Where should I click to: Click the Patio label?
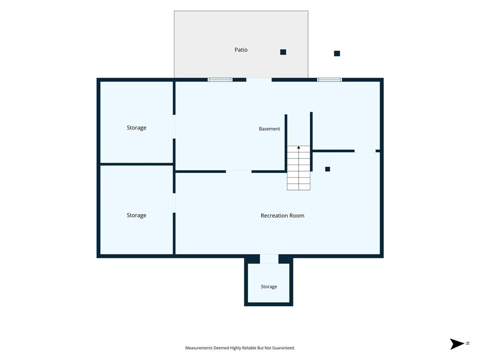click(x=241, y=50)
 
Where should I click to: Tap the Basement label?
click(x=270, y=129)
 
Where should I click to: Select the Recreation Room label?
click(x=282, y=216)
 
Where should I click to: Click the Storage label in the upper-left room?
click(x=136, y=127)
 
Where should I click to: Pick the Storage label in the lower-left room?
click(x=136, y=215)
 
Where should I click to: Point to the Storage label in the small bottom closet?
click(x=269, y=286)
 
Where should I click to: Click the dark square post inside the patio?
click(x=283, y=52)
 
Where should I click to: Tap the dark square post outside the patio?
click(x=337, y=53)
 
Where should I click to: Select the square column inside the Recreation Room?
click(x=328, y=169)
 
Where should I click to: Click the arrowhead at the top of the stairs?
click(x=299, y=148)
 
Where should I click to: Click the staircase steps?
click(x=299, y=168)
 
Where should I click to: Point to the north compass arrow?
click(x=457, y=344)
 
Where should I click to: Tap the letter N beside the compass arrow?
click(x=468, y=343)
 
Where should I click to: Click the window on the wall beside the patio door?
click(x=220, y=80)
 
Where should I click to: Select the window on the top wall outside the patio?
click(x=330, y=80)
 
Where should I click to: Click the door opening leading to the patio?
click(x=259, y=80)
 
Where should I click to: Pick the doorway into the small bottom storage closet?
click(x=269, y=259)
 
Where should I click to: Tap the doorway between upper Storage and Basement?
click(x=174, y=127)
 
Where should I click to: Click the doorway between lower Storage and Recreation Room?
click(x=174, y=203)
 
